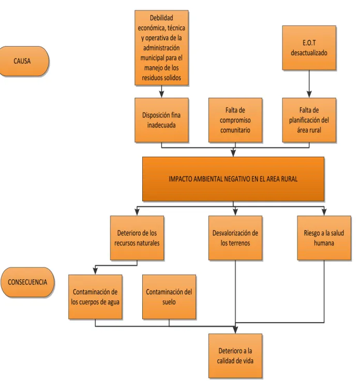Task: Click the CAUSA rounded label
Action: tap(24, 61)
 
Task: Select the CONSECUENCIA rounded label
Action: tap(27, 282)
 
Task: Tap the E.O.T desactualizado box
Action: tap(309, 48)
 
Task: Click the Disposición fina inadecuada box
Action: tap(161, 120)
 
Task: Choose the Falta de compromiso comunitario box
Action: tap(235, 120)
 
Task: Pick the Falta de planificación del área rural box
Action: tap(309, 120)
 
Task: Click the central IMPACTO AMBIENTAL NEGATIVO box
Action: tap(233, 179)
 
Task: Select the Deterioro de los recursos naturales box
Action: tap(137, 238)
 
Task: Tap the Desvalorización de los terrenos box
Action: tap(235, 238)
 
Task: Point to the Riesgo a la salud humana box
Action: tap(324, 238)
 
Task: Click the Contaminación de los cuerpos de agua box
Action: tap(95, 297)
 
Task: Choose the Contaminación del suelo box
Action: tap(169, 297)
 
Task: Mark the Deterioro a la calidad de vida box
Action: tap(235, 356)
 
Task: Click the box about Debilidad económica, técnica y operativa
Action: tap(161, 48)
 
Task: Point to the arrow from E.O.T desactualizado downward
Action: tap(309, 84)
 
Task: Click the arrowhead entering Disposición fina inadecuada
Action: tap(161, 95)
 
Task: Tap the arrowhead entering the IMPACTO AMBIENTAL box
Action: tap(233, 154)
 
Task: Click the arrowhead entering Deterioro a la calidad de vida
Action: tap(235, 330)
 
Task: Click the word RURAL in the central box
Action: tap(289, 179)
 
